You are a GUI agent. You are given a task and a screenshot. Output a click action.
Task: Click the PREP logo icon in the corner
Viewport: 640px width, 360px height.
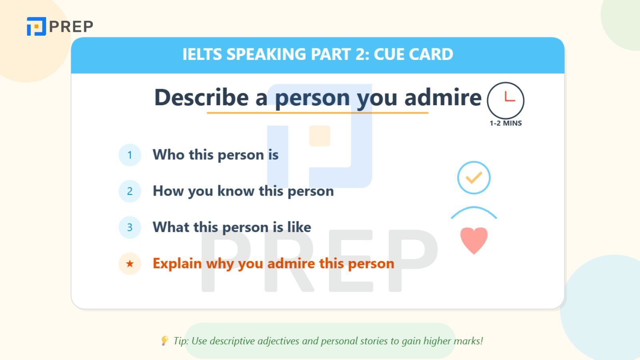click(x=36, y=26)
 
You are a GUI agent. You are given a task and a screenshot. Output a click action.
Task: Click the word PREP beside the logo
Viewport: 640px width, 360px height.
click(x=71, y=26)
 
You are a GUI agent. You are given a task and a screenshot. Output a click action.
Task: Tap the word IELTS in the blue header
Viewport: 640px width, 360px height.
click(x=202, y=54)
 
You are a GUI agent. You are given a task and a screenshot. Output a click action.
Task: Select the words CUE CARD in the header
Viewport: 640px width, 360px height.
click(x=414, y=54)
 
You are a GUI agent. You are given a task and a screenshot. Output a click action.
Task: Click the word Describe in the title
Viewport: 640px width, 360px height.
click(x=202, y=97)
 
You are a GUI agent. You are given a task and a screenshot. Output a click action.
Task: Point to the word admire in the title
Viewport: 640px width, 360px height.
click(x=443, y=97)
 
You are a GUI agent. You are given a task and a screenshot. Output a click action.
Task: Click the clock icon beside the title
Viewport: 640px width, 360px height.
click(x=506, y=100)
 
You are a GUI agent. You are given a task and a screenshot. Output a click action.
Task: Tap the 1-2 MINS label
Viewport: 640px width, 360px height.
click(x=506, y=123)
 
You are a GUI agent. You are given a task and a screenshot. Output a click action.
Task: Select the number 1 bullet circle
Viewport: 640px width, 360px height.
click(x=130, y=155)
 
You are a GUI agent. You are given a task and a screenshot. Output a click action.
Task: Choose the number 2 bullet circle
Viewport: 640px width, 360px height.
click(x=130, y=191)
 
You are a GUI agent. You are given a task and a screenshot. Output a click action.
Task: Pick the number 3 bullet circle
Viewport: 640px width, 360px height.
click(x=130, y=228)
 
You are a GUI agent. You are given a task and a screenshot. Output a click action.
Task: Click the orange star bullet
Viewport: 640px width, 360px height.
click(x=130, y=264)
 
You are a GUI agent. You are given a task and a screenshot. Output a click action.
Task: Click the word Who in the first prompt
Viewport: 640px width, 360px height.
click(x=168, y=154)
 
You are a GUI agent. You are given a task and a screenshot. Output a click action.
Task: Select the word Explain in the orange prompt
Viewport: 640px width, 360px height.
click(x=177, y=264)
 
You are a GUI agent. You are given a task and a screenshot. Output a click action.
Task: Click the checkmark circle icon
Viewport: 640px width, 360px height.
click(x=474, y=178)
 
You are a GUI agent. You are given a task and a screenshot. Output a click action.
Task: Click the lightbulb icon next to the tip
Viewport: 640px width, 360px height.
click(x=164, y=340)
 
